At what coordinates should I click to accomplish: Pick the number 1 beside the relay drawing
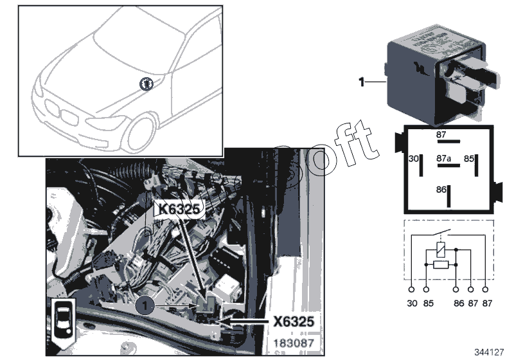(x=362, y=82)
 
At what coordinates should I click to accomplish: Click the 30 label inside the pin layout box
(x=413, y=157)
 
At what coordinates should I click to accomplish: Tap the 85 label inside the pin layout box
(x=470, y=157)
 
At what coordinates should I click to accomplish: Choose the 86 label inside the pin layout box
(x=441, y=190)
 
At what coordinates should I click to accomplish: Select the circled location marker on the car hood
(x=146, y=82)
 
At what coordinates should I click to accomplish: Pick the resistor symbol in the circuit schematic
(x=440, y=264)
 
